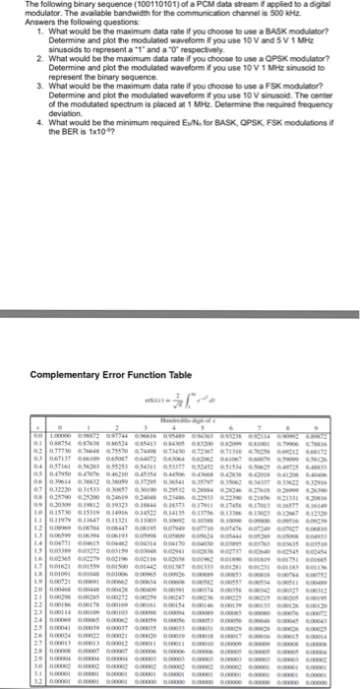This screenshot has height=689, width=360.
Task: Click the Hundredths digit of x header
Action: coord(183,282)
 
